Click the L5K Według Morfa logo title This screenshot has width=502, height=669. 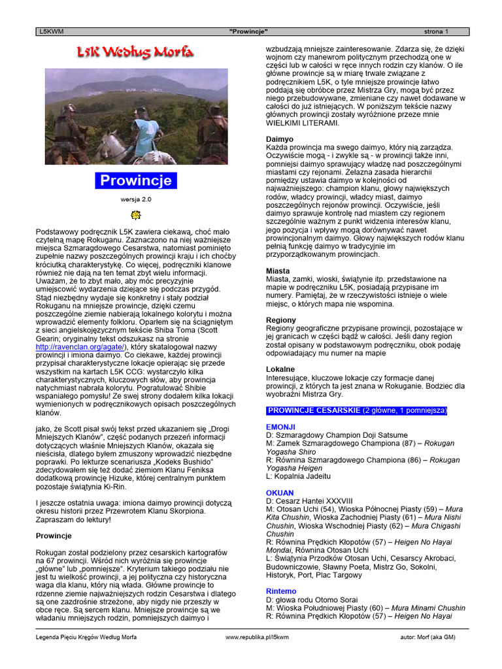click(135, 53)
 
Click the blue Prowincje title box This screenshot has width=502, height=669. click(136, 180)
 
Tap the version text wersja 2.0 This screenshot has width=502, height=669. click(136, 199)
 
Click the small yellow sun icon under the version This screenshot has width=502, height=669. click(136, 215)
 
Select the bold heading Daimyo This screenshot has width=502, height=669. click(280, 139)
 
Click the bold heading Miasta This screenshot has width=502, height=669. click(278, 270)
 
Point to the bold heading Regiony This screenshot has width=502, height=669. click(281, 319)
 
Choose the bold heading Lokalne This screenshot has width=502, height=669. click(280, 369)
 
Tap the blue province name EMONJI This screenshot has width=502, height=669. click(280, 427)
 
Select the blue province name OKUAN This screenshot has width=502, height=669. click(280, 493)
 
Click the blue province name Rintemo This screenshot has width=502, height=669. click(281, 591)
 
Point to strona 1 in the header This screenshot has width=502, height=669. click(436, 31)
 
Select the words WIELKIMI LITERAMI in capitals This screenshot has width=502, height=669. click(303, 123)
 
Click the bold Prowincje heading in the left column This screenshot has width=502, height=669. click(53, 535)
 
